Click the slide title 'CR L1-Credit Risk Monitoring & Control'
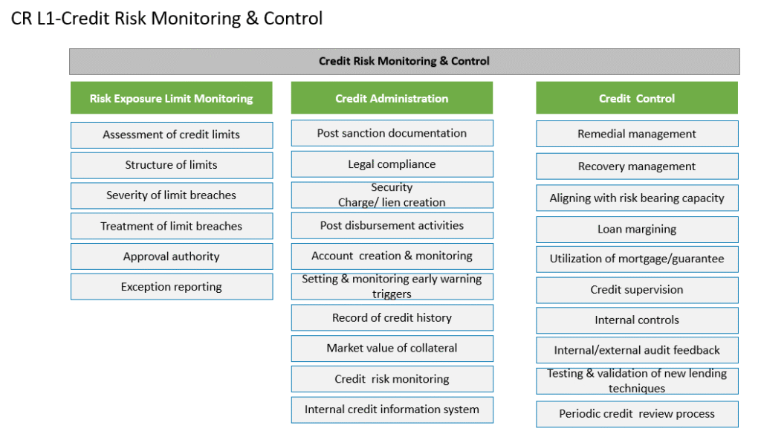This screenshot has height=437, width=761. coord(166,19)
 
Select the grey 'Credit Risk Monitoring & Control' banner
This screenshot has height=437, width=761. coord(404,61)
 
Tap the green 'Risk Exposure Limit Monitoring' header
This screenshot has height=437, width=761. coord(172,98)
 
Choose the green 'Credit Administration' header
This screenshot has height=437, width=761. coord(392,98)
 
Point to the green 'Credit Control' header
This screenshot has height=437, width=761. coord(637,98)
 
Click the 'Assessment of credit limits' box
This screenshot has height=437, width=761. coord(172,135)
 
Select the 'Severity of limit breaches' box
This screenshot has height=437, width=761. coord(172,195)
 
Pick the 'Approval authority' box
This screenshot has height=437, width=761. coord(172,256)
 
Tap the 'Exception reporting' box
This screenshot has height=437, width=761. coord(172,287)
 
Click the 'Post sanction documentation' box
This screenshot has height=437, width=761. coord(392,133)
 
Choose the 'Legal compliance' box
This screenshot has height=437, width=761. coord(392,164)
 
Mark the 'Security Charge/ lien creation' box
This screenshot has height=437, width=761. coord(392,195)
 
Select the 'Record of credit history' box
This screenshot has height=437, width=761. coord(392,317)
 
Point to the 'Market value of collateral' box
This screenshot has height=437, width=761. coord(392,348)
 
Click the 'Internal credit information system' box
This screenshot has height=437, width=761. coord(392,410)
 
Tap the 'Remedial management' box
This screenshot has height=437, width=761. coord(637,134)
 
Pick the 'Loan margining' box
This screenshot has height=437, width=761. coord(637,229)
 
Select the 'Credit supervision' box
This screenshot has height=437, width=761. coord(637,290)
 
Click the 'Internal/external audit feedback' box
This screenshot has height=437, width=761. coord(637,350)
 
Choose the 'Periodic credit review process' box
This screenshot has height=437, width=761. coord(637,414)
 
